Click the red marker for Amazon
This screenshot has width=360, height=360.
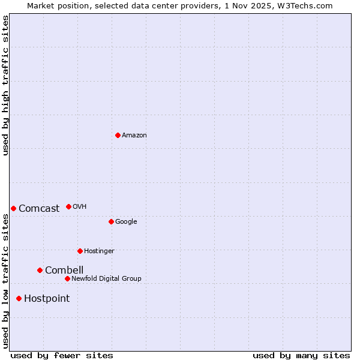click(x=118, y=135)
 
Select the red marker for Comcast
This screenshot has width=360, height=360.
click(x=13, y=208)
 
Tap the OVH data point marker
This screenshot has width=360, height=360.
click(x=68, y=206)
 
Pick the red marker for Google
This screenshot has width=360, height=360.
click(x=111, y=221)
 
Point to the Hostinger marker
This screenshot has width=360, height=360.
click(x=80, y=251)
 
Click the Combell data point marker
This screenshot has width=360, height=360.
click(x=40, y=270)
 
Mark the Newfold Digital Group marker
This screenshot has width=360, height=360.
click(x=67, y=278)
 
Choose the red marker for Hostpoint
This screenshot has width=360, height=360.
click(x=19, y=298)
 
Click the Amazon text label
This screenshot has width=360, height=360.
click(x=134, y=135)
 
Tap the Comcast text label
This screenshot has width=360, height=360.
click(x=39, y=208)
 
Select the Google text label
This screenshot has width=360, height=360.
click(x=126, y=221)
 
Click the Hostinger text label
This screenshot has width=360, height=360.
click(x=99, y=251)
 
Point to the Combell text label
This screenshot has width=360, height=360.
click(x=64, y=270)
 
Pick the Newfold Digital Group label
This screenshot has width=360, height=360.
click(x=106, y=278)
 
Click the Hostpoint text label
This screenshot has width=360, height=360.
click(x=47, y=298)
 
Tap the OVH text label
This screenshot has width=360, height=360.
click(x=79, y=206)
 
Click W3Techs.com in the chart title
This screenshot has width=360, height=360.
click(x=307, y=5)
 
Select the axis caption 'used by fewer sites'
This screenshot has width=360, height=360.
click(x=62, y=355)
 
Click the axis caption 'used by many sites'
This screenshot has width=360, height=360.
click(x=301, y=355)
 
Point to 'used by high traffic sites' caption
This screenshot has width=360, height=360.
click(x=5, y=85)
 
